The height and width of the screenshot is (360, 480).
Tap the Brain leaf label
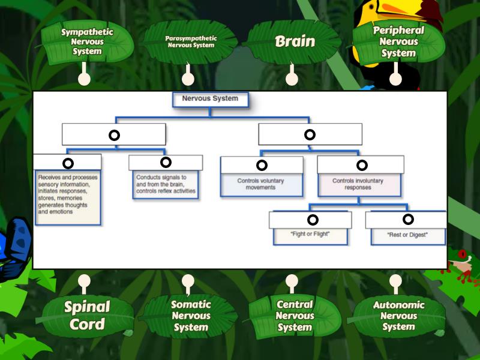coord(295,41)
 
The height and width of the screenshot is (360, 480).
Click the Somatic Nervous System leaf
coord(191,316)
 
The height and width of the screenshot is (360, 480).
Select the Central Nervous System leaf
coord(294,316)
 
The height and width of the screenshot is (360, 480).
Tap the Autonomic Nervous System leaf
coord(398,316)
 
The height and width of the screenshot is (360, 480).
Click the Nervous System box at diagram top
coord(210,99)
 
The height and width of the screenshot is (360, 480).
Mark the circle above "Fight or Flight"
coord(313,220)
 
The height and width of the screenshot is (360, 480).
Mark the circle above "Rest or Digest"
coord(408,220)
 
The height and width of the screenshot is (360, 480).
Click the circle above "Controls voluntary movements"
coord(262,165)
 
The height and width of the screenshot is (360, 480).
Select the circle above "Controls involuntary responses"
coord(362,165)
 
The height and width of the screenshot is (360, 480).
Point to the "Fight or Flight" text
coord(310,234)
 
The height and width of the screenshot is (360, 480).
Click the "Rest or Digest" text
coord(407,235)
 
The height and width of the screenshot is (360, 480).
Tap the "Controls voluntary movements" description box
coord(261,184)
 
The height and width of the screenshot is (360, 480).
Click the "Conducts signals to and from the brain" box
coord(166,185)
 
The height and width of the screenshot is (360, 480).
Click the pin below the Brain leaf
coord(292,79)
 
